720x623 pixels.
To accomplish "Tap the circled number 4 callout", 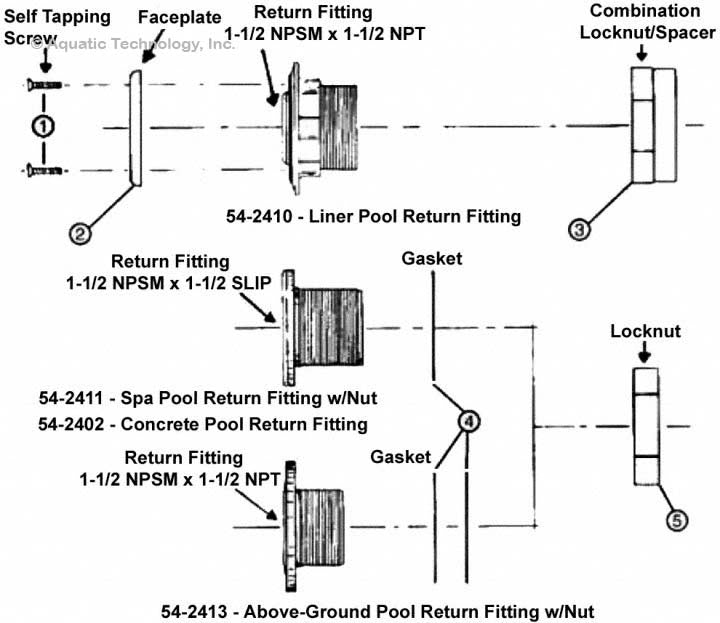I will pyautogui.click(x=468, y=422).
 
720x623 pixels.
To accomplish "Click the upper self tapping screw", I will pyautogui.click(x=45, y=84).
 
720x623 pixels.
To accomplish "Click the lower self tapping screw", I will pyautogui.click(x=45, y=171).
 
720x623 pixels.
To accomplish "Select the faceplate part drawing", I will pyautogui.click(x=136, y=126).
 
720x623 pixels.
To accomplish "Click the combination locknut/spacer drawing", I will pyautogui.click(x=655, y=125).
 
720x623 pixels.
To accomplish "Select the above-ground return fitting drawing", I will pyautogui.click(x=321, y=524).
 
